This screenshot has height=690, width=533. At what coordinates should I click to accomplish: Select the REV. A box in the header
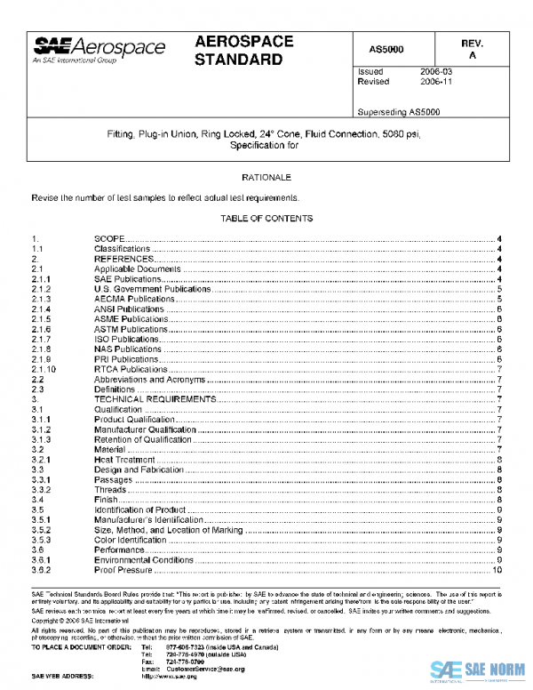(471, 48)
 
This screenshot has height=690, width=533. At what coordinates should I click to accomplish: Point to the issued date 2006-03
(435, 70)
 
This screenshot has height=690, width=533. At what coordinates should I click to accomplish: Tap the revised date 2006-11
(435, 81)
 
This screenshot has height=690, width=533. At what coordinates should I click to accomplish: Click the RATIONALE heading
(267, 178)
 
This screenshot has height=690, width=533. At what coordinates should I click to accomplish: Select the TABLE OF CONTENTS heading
(267, 218)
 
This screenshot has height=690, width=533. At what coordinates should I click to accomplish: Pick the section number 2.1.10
(44, 369)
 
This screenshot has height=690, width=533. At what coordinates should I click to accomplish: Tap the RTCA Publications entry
(131, 369)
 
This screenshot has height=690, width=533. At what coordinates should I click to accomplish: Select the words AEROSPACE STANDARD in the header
(239, 52)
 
